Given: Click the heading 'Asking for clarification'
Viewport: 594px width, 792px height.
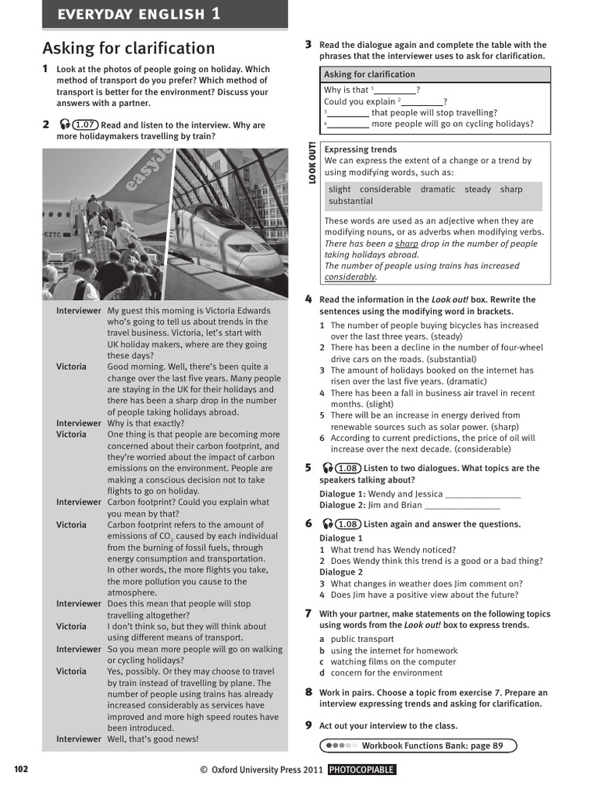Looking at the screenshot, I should tap(128, 48).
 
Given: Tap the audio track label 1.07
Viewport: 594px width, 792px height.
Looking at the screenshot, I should tap(85, 125).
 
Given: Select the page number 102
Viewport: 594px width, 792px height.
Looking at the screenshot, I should tap(21, 769).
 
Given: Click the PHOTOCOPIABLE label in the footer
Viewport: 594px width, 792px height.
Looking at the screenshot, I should tap(361, 770).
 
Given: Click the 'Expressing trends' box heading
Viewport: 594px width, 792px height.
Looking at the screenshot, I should tap(360, 149).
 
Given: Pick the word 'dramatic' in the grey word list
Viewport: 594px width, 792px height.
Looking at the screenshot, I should tap(438, 189).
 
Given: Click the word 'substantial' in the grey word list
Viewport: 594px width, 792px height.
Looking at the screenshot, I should tap(350, 201).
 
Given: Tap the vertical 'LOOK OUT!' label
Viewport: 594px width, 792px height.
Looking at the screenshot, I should tap(312, 162).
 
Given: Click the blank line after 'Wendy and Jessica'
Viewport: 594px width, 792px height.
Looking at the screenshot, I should tap(483, 494).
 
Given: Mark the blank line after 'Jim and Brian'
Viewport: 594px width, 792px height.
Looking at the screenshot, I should tap(463, 506).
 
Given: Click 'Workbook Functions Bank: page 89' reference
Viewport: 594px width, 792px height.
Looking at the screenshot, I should tap(432, 746).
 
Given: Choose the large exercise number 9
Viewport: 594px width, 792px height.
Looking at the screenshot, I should tap(309, 725).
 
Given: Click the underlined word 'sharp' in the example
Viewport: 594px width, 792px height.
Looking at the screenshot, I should tap(407, 244).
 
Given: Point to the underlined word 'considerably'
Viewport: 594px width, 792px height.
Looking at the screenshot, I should tap(350, 277).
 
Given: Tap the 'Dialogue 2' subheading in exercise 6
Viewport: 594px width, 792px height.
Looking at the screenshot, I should tap(341, 572).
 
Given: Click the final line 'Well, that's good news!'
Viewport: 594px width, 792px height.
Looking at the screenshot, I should tap(153, 739).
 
